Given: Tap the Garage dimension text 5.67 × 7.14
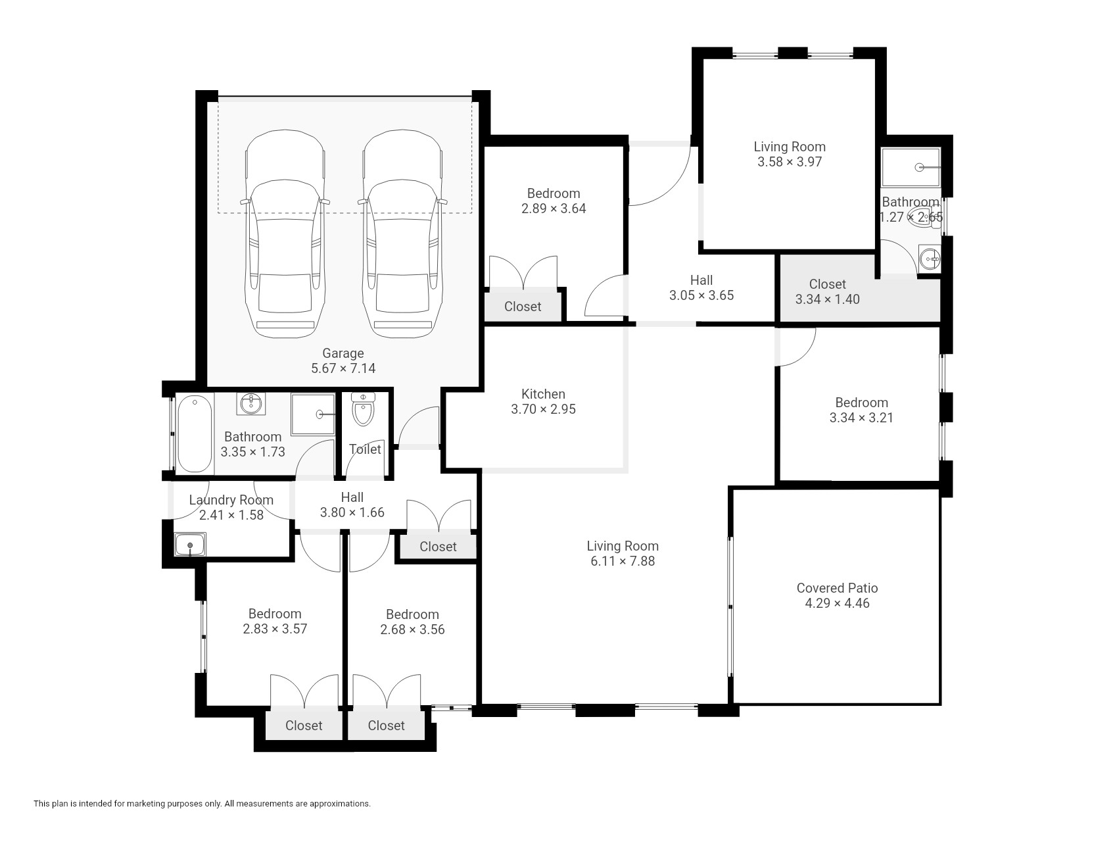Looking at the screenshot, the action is point(343,368).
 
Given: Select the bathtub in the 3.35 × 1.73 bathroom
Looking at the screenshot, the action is point(195,433).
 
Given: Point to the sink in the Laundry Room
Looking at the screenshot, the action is point(191,545).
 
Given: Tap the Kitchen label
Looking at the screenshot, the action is point(543,394).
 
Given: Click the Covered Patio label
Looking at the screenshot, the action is point(837,588).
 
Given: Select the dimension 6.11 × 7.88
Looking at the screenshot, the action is point(623,561).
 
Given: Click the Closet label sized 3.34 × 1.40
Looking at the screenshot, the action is point(827,284).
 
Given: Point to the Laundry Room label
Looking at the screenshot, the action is point(231,500).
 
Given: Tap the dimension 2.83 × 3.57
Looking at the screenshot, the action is point(275,629).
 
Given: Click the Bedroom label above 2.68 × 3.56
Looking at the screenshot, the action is point(412,614).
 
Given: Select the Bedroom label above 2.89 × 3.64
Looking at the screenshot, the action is point(554,193).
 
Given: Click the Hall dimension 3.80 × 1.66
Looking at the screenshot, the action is point(352,512).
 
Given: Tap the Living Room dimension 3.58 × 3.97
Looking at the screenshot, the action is point(790,162).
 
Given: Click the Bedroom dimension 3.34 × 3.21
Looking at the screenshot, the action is point(861,418).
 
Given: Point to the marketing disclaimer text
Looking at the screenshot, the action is point(202,803).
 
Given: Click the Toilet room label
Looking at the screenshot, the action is point(365,449).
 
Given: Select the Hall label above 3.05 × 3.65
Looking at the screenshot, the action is point(701,280).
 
